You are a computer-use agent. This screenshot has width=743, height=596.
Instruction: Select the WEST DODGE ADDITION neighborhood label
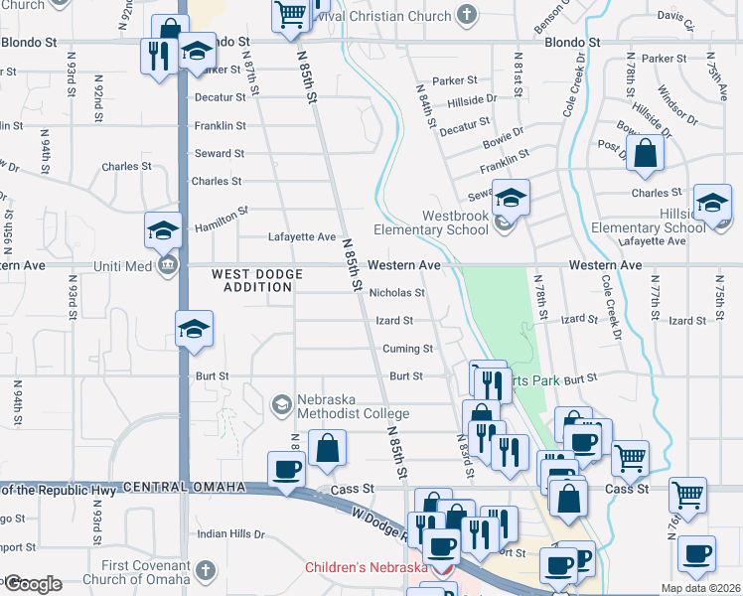pyautogui.click(x=252, y=279)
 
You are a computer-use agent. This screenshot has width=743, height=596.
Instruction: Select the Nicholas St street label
pyautogui.click(x=396, y=293)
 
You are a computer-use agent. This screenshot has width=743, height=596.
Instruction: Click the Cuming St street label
pyautogui.click(x=408, y=349)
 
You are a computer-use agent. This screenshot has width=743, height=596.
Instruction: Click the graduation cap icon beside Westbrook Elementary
pyautogui.click(x=512, y=198)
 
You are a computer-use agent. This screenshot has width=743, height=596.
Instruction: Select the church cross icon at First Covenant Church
pyautogui.click(x=205, y=571)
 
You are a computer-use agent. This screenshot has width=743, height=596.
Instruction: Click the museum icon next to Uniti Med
pyautogui.click(x=166, y=265)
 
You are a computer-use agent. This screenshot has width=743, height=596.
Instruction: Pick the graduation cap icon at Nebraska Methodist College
pyautogui.click(x=282, y=404)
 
